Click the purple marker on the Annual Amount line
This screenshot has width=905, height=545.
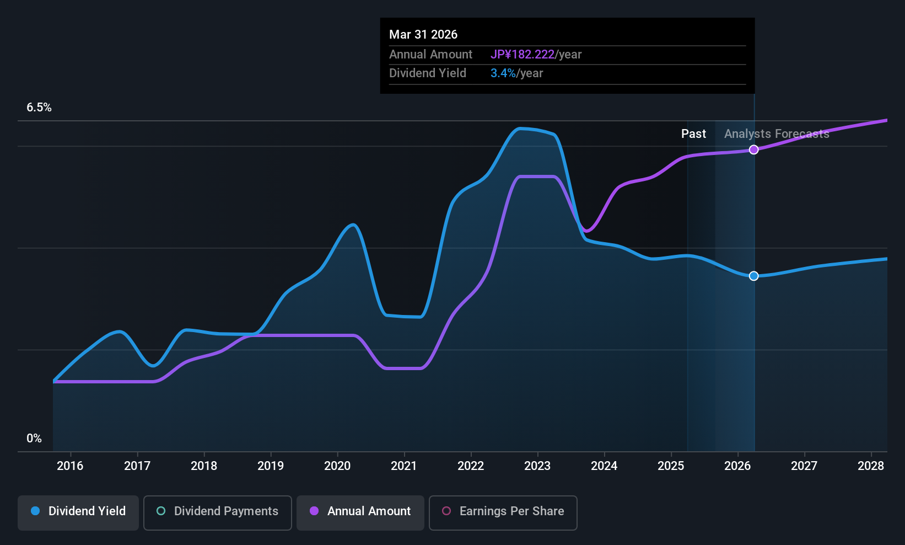pos(753,149)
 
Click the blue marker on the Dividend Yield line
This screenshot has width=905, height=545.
pos(753,276)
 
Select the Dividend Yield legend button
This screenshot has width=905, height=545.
pos(78,511)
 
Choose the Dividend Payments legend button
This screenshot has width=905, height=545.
pos(218,511)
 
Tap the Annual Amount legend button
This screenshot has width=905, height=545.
pos(360,511)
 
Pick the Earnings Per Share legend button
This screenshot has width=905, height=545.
pos(503,511)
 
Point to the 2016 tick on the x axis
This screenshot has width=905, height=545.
pos(70,466)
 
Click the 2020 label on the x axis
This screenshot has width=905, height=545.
pos(337,466)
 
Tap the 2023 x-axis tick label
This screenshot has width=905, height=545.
pos(537,466)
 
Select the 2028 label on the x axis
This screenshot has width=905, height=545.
pos(871,466)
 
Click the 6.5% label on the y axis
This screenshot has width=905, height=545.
pos(39,108)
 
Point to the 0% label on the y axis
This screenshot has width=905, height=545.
pos(34,439)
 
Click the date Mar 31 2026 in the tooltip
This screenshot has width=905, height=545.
pos(423,35)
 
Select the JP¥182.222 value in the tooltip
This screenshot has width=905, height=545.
pos(522,55)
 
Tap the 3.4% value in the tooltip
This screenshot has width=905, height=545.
pos(503,73)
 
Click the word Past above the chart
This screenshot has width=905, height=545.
pos(693,134)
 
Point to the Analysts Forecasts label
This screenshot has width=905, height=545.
pos(777,134)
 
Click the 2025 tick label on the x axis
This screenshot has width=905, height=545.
pos(671,466)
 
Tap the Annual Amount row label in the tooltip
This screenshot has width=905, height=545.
pos(430,55)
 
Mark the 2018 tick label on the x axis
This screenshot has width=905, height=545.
pos(204,466)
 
